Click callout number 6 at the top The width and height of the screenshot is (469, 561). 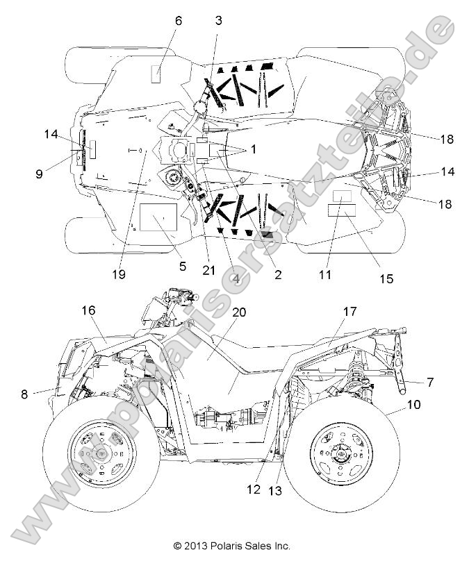[x=179, y=22]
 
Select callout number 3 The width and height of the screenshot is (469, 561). [x=219, y=21]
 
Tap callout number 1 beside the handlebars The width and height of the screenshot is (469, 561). [x=253, y=149]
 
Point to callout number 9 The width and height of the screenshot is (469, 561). [x=39, y=175]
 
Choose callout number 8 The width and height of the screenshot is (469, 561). [x=25, y=394]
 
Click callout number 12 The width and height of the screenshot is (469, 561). [x=254, y=489]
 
